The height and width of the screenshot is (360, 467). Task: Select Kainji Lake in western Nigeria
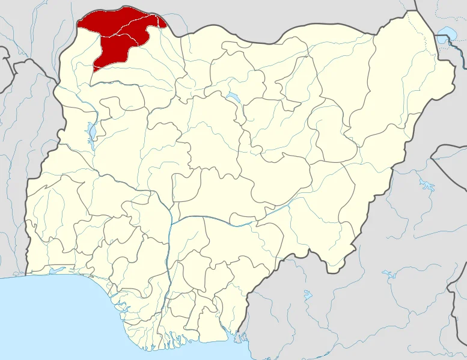pos(91,132)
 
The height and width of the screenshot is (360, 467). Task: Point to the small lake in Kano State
pos(231,97)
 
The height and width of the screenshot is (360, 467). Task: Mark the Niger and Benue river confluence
pos(172,222)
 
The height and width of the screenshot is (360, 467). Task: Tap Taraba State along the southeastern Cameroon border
pos(313,228)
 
